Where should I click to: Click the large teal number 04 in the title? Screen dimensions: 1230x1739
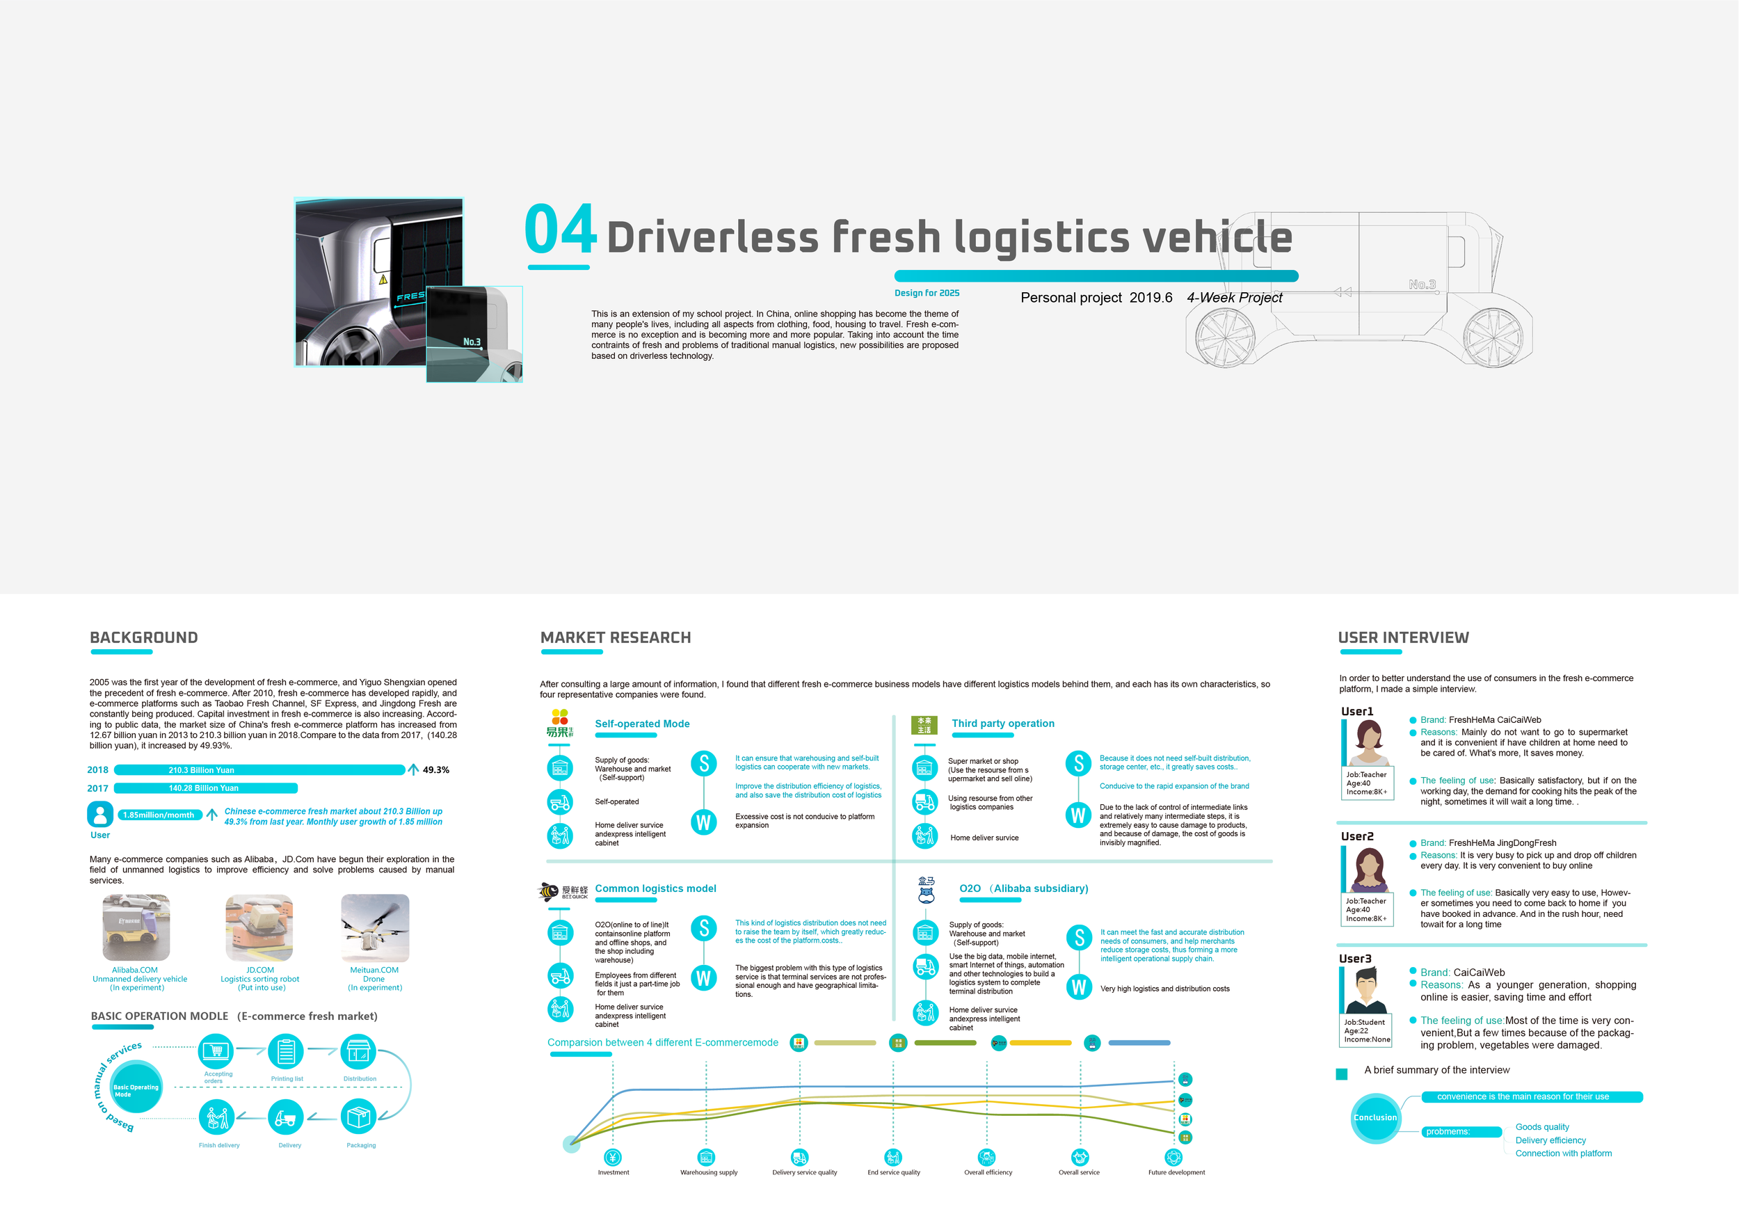click(x=561, y=229)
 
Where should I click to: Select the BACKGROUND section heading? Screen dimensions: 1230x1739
click(x=144, y=638)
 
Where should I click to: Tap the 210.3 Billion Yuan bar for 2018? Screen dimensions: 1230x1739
click(x=259, y=770)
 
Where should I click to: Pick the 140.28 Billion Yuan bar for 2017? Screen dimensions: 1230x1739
click(x=205, y=788)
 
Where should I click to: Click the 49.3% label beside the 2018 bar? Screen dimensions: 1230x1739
click(x=435, y=770)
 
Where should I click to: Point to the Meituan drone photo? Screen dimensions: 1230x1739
click(x=375, y=928)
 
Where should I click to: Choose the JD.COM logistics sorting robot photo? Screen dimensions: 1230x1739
click(x=259, y=928)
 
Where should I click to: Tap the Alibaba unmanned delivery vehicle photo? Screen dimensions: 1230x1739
click(x=136, y=928)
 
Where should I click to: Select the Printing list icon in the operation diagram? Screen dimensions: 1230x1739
click(x=287, y=1052)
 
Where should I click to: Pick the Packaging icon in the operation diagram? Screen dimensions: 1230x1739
click(x=359, y=1117)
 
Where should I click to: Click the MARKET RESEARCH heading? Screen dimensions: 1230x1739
click(x=616, y=638)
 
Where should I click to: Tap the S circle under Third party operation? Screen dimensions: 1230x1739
click(x=1079, y=763)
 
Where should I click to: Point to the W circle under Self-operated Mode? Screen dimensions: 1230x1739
click(x=704, y=822)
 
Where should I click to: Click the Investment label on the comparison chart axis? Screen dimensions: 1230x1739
click(x=614, y=1172)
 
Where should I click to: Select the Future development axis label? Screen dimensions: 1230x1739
click(x=1176, y=1172)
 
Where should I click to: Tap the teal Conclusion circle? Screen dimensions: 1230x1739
click(x=1375, y=1118)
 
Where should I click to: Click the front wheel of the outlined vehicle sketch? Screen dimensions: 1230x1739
click(x=1492, y=338)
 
